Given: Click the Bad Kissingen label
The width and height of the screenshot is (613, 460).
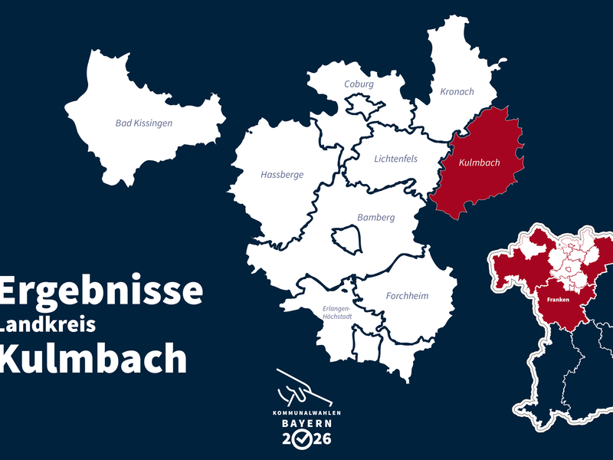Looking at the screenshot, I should pyautogui.click(x=143, y=123).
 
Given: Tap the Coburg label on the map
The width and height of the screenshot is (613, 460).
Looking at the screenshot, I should pyautogui.click(x=359, y=84).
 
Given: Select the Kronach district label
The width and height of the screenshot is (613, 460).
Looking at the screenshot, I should pyautogui.click(x=457, y=92).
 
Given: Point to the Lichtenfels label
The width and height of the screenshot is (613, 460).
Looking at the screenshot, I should pyautogui.click(x=395, y=159).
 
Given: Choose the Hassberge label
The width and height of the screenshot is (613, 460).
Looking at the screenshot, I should pyautogui.click(x=282, y=175).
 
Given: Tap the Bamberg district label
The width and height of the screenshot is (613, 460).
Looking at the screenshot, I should pyautogui.click(x=375, y=218).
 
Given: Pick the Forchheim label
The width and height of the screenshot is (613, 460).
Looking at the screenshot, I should pyautogui.click(x=407, y=296).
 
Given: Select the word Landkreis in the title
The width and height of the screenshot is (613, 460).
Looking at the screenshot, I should pyautogui.click(x=48, y=325).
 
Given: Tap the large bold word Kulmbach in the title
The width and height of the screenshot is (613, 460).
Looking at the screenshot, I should pyautogui.click(x=93, y=358).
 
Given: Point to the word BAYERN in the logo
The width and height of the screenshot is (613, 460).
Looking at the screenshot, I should pyautogui.click(x=306, y=423).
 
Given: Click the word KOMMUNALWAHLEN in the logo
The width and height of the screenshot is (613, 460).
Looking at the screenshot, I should pyautogui.click(x=306, y=413).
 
